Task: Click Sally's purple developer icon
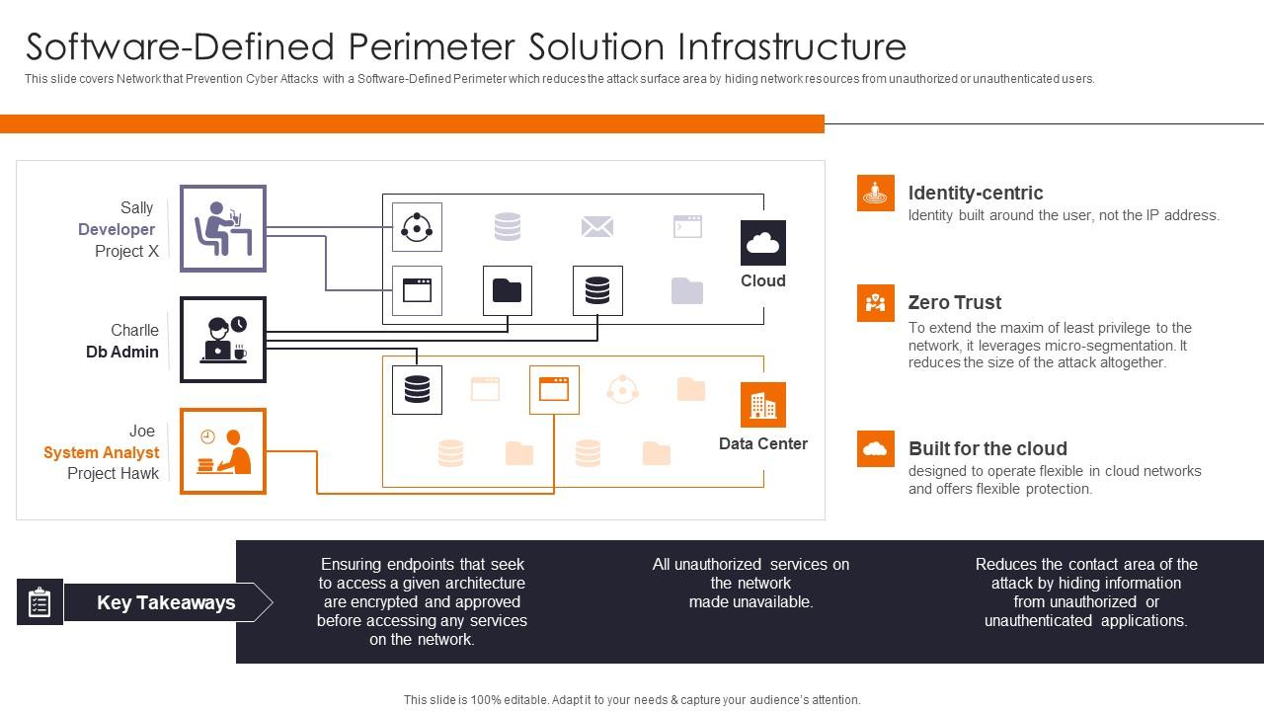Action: pos(223,228)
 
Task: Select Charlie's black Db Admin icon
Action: pos(223,339)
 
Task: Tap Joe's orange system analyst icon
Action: pos(223,450)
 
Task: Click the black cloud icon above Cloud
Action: pos(763,243)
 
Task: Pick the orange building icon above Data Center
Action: pos(763,405)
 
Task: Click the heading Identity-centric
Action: pos(975,193)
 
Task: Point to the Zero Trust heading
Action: pos(954,302)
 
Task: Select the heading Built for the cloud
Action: pos(987,448)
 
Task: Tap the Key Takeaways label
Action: pos(166,602)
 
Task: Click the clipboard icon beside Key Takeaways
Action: pos(39,602)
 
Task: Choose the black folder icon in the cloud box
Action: pos(508,290)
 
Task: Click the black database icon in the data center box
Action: pos(417,389)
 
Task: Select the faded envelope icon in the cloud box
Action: pos(597,227)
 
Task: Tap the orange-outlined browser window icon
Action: pos(554,389)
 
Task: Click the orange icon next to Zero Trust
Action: pos(875,302)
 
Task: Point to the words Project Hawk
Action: pos(113,473)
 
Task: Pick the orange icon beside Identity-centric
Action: pos(875,193)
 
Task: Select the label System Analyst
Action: pos(101,452)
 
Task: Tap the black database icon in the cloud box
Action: pos(597,290)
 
